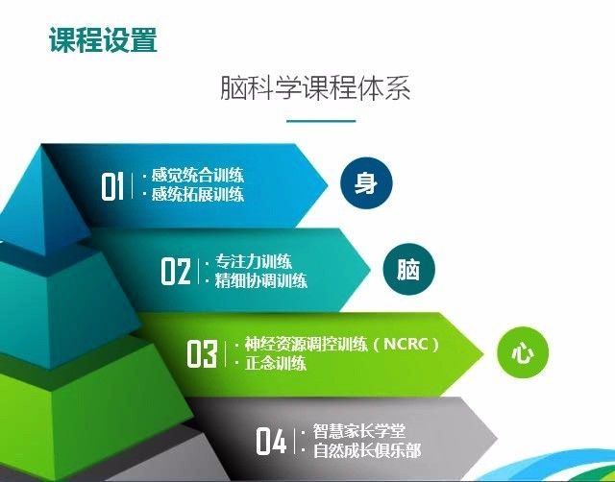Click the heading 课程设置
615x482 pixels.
click(103, 40)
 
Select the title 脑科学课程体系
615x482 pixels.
click(315, 87)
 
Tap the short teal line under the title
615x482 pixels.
click(321, 121)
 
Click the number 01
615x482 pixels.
click(112, 186)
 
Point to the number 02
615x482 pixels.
click(176, 271)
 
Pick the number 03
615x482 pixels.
click(202, 353)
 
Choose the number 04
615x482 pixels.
click(271, 441)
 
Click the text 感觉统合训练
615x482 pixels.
click(198, 175)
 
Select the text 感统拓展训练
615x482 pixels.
click(198, 194)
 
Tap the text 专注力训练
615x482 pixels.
click(254, 261)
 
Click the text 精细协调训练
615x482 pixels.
click(261, 280)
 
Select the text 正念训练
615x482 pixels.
click(276, 363)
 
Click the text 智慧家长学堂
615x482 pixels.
click(358, 431)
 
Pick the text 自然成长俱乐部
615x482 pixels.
click(367, 450)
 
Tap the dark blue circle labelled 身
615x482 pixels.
click(366, 183)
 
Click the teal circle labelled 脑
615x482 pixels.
click(409, 269)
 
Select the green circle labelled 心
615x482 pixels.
click(523, 352)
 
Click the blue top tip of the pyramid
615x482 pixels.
click(41, 146)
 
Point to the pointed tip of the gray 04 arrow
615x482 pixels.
click(497, 437)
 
